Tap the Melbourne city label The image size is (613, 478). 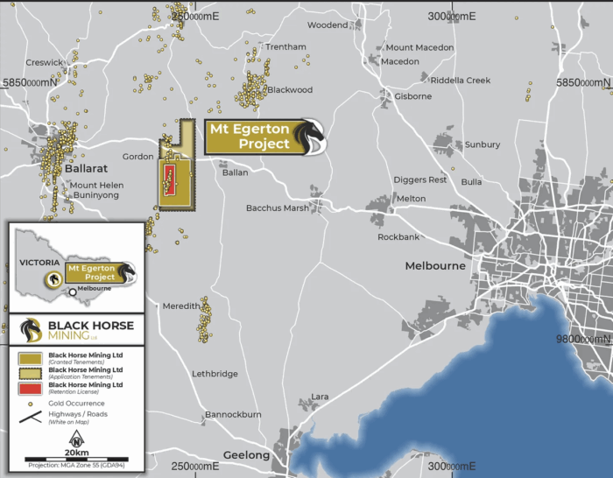(x=435, y=265)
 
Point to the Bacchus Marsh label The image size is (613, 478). (x=276, y=207)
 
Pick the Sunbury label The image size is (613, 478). (x=483, y=144)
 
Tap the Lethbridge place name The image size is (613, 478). (x=215, y=374)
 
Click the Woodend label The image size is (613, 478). (x=327, y=25)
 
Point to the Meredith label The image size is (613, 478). (x=181, y=306)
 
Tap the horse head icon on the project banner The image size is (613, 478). (x=310, y=137)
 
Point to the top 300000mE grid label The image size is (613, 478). (x=451, y=16)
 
